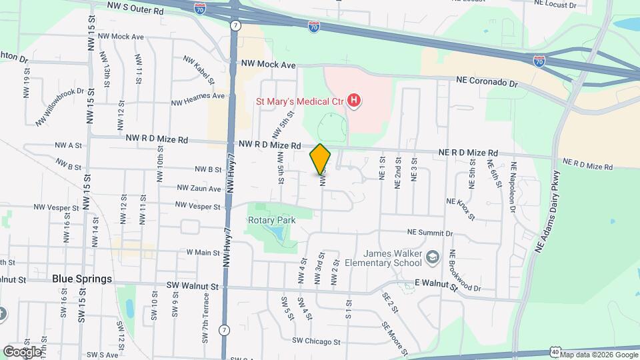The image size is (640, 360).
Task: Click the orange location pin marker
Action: [x=321, y=159]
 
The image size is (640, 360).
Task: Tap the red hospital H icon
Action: [x=355, y=101]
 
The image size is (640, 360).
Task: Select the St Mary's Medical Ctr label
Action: [x=300, y=101]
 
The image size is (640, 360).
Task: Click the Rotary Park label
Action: [x=271, y=219]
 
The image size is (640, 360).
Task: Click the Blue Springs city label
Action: [x=81, y=279]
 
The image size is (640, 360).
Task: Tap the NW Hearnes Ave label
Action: [x=198, y=95]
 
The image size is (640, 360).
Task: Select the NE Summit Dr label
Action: [x=431, y=233]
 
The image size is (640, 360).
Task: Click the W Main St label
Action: [x=203, y=252]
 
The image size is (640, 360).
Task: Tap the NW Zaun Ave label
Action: [x=199, y=189]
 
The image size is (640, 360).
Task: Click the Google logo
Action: [x=22, y=351]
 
